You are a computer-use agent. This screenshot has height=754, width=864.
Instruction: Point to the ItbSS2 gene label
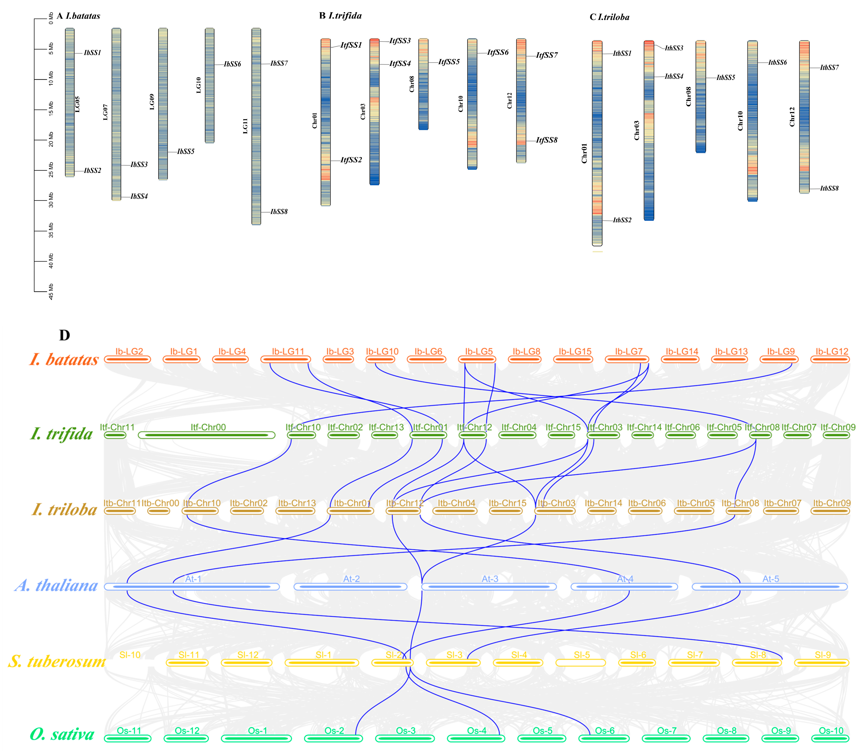622,220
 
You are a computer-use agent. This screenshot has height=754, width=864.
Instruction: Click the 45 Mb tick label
51,291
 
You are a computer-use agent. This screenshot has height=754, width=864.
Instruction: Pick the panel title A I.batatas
79,16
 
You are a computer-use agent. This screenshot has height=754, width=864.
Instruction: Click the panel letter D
64,335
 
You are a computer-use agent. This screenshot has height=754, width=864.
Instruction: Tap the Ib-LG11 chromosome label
288,351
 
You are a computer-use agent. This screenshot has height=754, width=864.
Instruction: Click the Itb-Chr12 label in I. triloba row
405,503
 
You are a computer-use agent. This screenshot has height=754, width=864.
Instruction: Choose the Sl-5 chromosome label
582,655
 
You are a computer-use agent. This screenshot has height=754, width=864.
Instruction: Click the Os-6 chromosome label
605,731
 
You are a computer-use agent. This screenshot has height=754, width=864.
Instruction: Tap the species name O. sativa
62,734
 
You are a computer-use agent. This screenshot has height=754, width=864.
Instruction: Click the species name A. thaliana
56,585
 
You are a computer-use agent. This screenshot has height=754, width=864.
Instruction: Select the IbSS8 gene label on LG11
279,212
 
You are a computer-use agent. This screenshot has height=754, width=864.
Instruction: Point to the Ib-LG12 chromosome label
832,351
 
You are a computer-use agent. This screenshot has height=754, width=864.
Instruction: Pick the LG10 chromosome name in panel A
198,85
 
